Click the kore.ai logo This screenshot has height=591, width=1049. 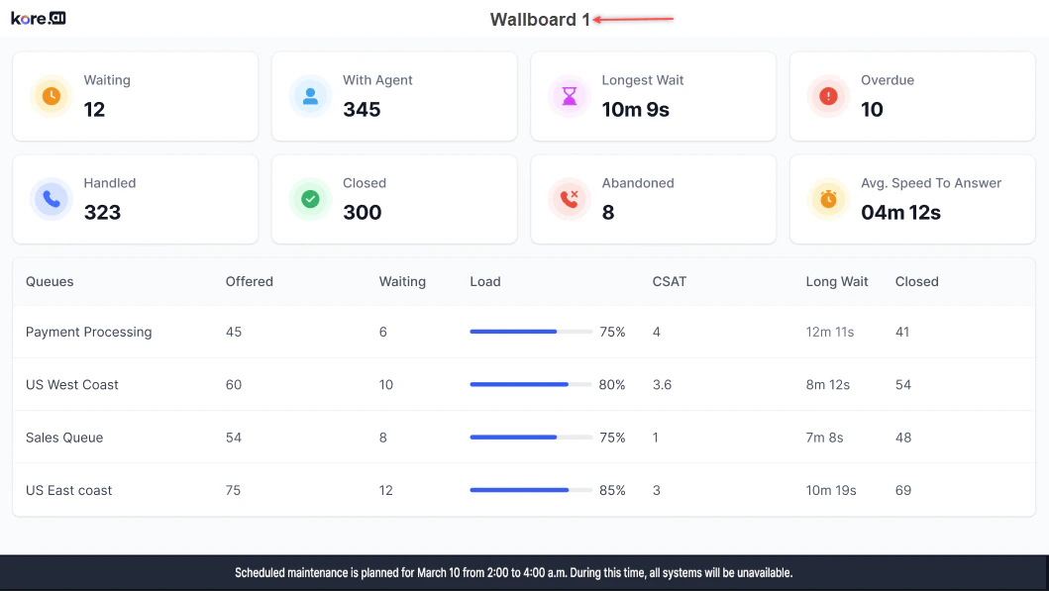pyautogui.click(x=38, y=18)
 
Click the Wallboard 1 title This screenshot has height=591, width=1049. pyautogui.click(x=540, y=20)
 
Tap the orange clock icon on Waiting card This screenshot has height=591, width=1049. pyautogui.click(x=52, y=96)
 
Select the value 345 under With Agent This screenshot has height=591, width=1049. pyautogui.click(x=362, y=110)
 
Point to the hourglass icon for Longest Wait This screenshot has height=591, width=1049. pyautogui.click(x=570, y=96)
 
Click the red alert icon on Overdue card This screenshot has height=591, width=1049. pyautogui.click(x=829, y=96)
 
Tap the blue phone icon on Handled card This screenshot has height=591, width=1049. pyautogui.click(x=52, y=199)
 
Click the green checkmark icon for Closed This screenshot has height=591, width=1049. pyautogui.click(x=310, y=199)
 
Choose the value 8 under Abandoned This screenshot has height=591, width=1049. pyautogui.click(x=608, y=213)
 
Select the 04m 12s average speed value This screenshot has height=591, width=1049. pyautogui.click(x=900, y=213)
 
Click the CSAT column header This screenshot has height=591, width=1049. pyautogui.click(x=670, y=281)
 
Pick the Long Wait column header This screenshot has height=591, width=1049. pyautogui.click(x=837, y=281)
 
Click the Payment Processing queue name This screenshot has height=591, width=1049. pyautogui.click(x=89, y=332)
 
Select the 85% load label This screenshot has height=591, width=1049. pyautogui.click(x=612, y=490)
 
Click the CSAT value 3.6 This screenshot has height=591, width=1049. pyautogui.click(x=663, y=384)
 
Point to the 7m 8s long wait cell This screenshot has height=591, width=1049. pyautogui.click(x=825, y=438)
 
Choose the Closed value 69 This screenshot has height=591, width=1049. pyautogui.click(x=903, y=490)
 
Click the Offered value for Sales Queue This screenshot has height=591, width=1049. pyautogui.click(x=234, y=438)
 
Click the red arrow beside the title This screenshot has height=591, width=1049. pyautogui.click(x=634, y=19)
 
